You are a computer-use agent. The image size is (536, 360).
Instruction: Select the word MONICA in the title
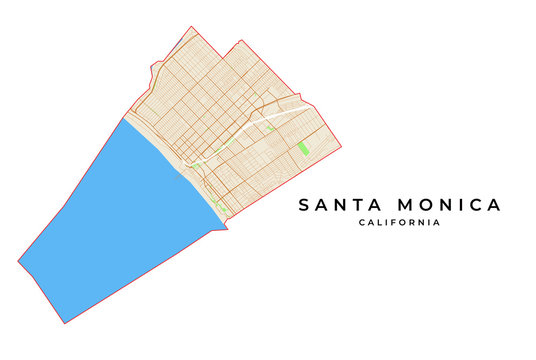click(451, 205)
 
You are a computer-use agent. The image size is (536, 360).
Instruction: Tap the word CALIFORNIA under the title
click(399, 223)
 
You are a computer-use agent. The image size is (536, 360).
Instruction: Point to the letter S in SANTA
click(305, 205)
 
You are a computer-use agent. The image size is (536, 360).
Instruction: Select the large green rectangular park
click(303, 148)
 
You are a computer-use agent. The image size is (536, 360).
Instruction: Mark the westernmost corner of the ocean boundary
click(18, 262)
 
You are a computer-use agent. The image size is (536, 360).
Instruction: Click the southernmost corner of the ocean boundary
click(65, 323)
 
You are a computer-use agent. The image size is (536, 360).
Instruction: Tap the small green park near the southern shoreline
click(218, 206)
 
